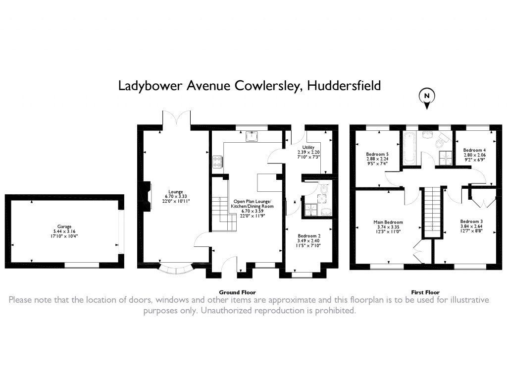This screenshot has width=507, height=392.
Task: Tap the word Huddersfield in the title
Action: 344,86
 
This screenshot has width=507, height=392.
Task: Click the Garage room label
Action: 64,226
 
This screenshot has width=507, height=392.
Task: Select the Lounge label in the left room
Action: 176,192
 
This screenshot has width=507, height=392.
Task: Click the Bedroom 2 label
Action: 309,236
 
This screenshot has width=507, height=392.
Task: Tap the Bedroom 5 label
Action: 377,154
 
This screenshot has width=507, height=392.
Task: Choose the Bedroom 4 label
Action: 474,150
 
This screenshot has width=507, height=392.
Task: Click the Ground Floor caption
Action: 237,292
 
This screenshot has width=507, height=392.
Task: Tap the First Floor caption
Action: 425,292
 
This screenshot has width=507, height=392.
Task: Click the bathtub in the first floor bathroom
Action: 410,148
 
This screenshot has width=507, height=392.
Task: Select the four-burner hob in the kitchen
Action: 217,161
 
